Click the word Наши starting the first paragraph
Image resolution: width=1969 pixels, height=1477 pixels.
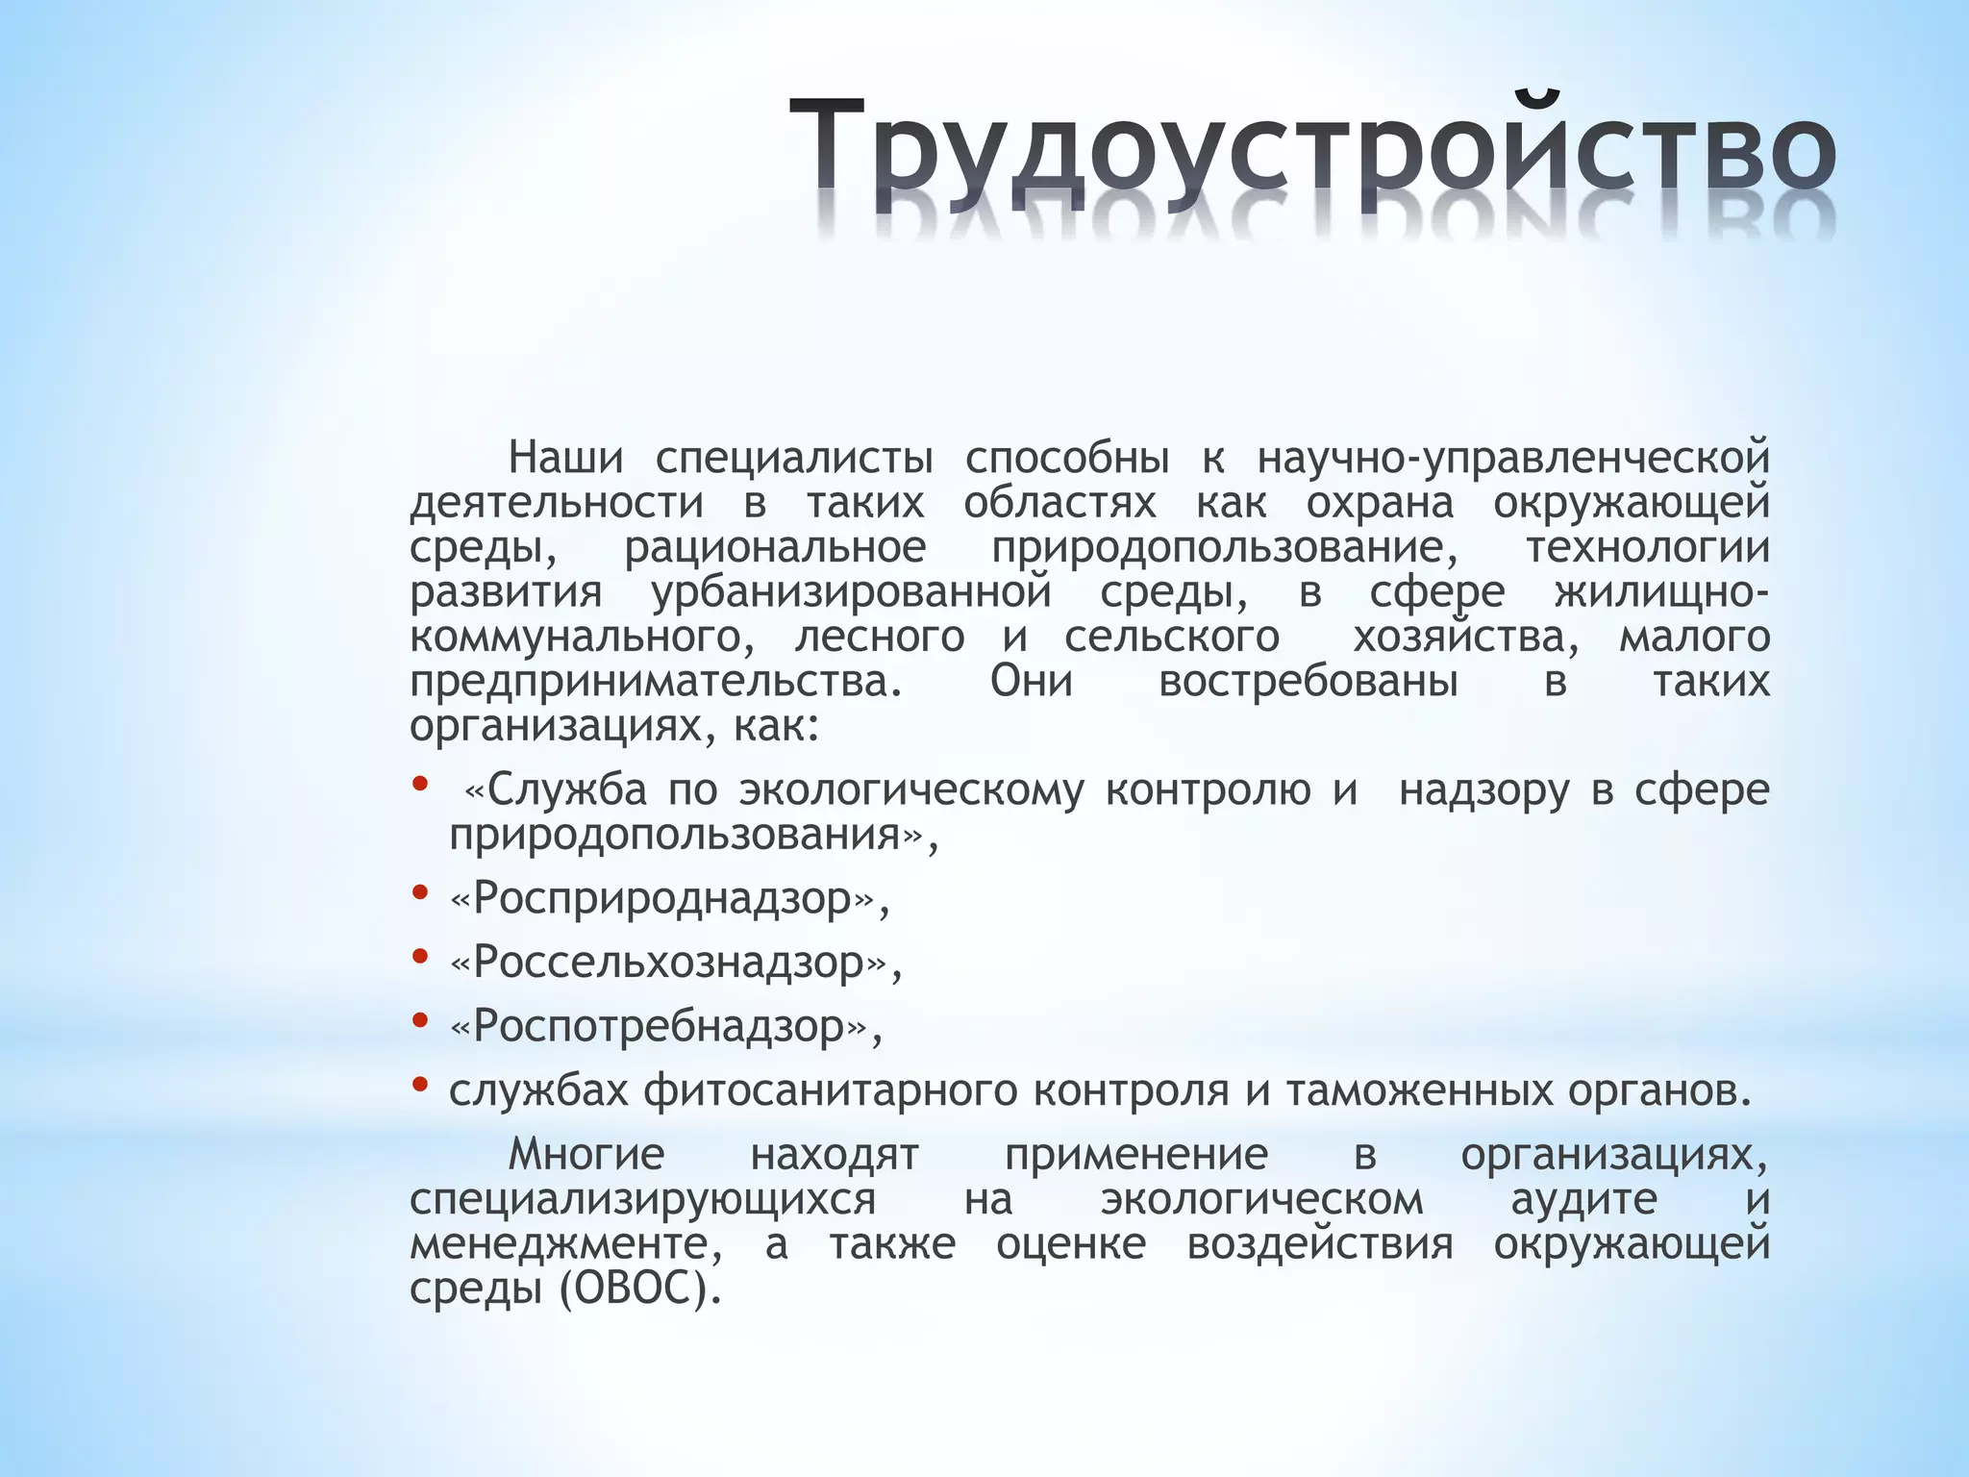click(565, 457)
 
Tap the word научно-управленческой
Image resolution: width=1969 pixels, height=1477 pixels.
click(1513, 457)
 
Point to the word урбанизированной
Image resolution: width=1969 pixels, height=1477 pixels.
click(852, 591)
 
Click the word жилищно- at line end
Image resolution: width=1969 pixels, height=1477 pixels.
click(1661, 591)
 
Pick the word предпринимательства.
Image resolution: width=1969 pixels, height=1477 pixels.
click(657, 681)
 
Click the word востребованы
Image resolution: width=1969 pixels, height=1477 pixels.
click(1308, 681)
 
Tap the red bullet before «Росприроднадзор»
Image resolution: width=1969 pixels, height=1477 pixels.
click(419, 892)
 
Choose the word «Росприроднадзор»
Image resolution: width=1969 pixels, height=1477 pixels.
click(669, 899)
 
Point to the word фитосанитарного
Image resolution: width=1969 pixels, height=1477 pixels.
click(830, 1090)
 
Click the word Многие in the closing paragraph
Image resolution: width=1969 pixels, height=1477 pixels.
click(586, 1154)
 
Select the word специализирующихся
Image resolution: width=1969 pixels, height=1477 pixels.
click(642, 1199)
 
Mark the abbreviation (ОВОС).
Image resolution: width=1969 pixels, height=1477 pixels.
click(640, 1289)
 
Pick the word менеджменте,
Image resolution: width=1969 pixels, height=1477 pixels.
click(566, 1244)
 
